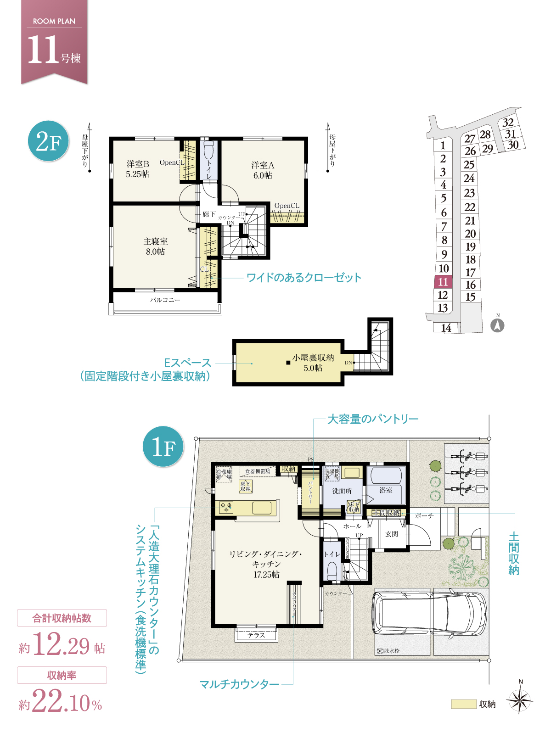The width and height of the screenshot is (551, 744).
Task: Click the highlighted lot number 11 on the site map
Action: pos(443,282)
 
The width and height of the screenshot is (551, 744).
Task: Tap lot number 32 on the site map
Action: pos(508,123)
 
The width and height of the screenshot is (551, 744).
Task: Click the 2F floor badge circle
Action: pos(48,141)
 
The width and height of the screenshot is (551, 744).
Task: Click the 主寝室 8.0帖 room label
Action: pos(156,246)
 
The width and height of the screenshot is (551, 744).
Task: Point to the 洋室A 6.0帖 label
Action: pos(263,170)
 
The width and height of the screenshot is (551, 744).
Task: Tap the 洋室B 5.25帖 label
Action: pos(138,169)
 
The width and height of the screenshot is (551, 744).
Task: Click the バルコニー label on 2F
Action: pos(165,300)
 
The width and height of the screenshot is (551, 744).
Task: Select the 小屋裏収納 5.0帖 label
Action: pos(313,363)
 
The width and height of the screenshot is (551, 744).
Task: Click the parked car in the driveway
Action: pos(429,613)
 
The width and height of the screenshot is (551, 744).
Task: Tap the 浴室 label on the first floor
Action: pos(386,490)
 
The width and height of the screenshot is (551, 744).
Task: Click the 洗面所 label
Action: pos(342,491)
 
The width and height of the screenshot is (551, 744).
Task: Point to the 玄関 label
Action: pos(392,534)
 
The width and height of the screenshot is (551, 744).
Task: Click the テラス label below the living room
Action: pos(256,635)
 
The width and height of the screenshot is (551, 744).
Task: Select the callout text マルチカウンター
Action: pos(239,684)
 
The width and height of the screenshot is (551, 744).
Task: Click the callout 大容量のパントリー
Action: pos(373,419)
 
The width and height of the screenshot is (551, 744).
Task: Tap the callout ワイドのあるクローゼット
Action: pos(304,278)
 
